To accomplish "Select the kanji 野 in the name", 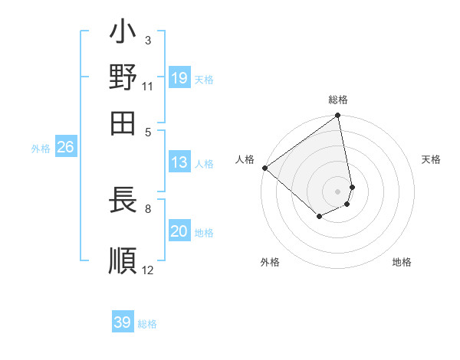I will (123, 77).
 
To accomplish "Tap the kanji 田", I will (123, 120).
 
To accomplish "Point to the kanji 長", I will (123, 201).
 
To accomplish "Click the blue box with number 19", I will (179, 77).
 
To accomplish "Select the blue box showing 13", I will (179, 162).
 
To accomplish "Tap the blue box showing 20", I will (179, 232).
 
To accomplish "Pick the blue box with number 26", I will (65, 148).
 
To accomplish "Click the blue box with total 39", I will (123, 322).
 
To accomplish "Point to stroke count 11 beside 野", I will (148, 87).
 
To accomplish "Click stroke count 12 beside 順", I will (148, 270).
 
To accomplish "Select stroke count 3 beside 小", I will (148, 40).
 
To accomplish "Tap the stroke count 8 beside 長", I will (148, 208).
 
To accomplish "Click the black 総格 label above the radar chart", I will (338, 100).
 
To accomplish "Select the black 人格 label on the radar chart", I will (245, 159).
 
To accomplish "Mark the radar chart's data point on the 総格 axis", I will (338, 116).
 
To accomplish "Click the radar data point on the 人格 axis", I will (264, 168).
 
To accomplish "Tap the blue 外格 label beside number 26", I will (41, 149).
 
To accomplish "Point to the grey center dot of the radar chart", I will (338, 191).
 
